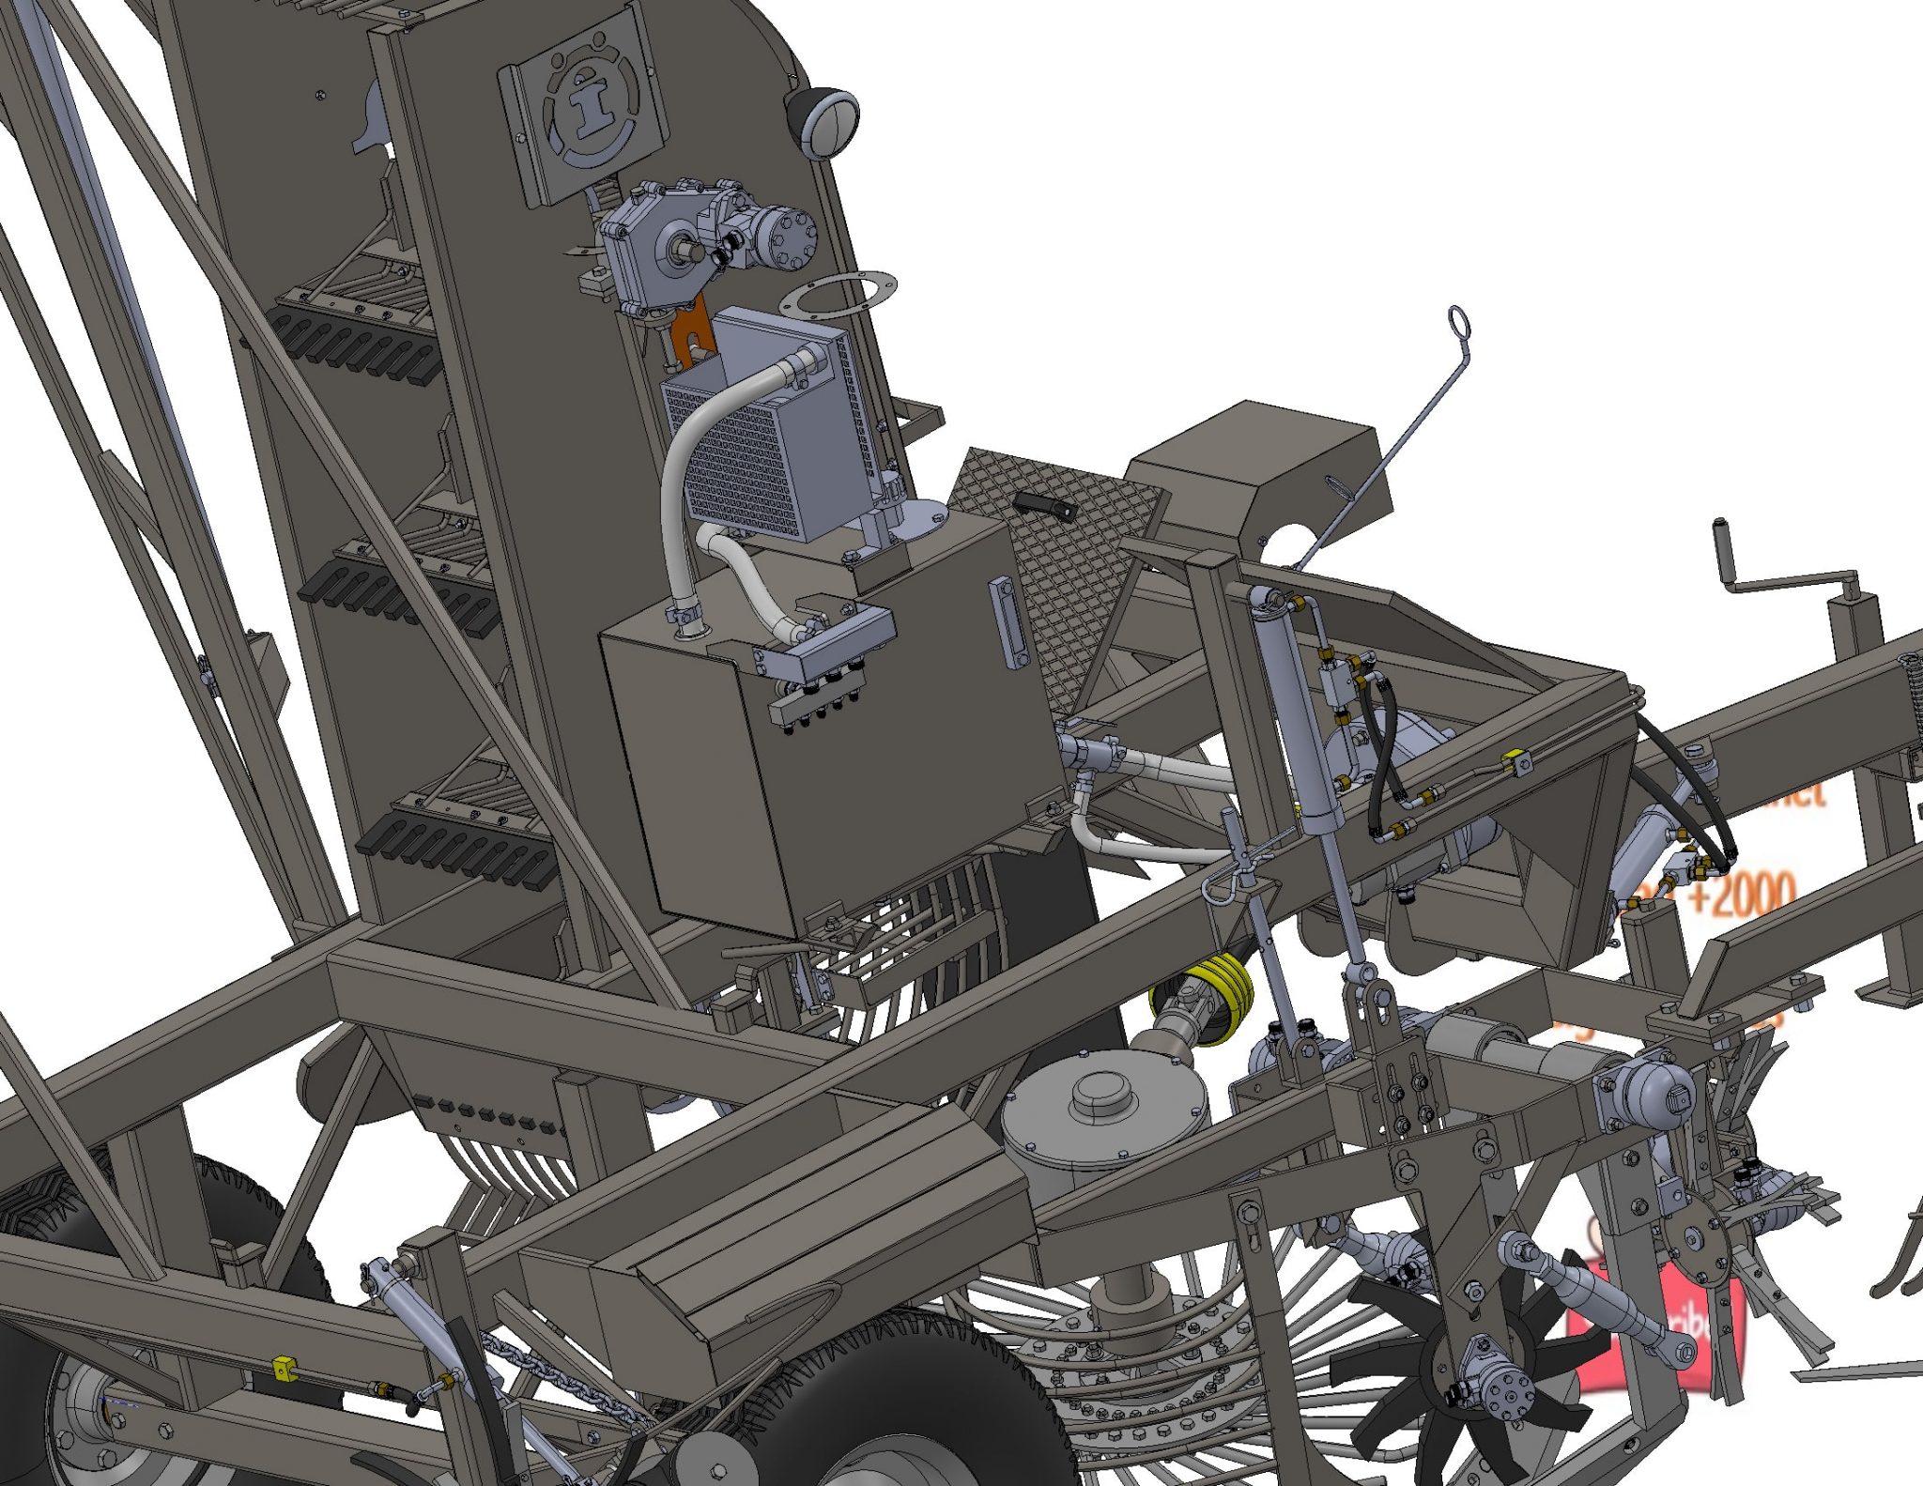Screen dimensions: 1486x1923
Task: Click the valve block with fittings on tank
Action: click(826, 648)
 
